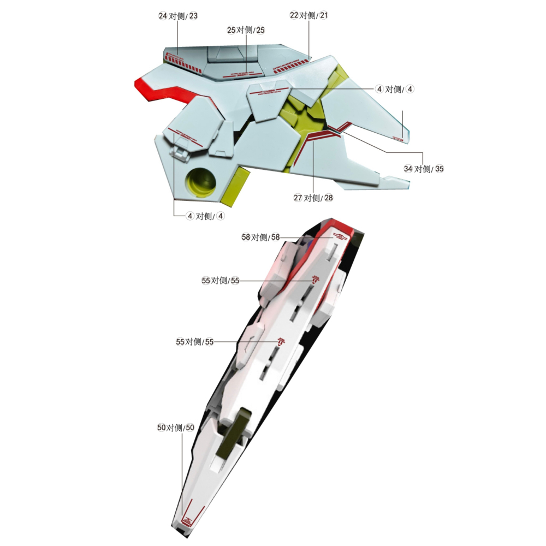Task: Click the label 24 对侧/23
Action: [178, 16]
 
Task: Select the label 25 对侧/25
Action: [246, 30]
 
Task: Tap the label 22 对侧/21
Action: [309, 15]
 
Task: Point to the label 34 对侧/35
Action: [424, 169]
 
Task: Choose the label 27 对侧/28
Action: [313, 198]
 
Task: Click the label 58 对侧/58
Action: [260, 237]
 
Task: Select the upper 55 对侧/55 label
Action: [221, 281]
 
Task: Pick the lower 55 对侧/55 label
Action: [194, 342]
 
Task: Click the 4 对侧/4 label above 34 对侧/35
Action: [394, 89]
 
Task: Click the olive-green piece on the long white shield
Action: [232, 440]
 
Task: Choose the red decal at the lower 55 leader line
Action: [281, 342]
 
